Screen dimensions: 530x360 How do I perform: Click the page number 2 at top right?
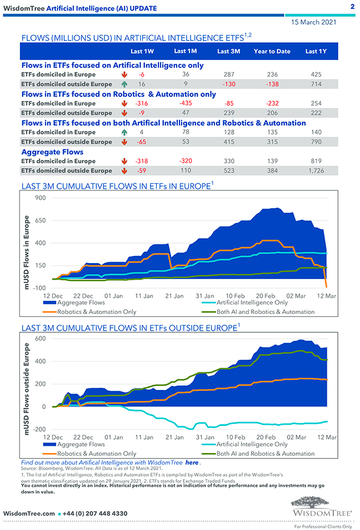tap(352, 7)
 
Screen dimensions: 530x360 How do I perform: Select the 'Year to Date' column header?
tap(272, 52)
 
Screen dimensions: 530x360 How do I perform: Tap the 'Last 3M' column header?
tap(228, 52)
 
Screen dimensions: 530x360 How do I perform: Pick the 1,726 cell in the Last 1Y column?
tap(316, 171)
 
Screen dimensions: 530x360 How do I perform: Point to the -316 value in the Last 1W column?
tap(142, 104)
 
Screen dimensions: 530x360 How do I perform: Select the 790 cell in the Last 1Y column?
tap(316, 142)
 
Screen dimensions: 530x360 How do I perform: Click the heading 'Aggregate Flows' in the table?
tap(53, 151)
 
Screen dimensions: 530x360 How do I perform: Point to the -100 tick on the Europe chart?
tap(39, 288)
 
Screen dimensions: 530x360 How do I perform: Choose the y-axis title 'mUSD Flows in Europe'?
tap(26, 244)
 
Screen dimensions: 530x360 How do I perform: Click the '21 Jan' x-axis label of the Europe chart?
tap(174, 296)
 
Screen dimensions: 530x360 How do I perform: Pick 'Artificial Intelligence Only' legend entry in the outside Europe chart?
tap(252, 444)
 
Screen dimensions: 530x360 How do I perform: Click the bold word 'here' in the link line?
tap(192, 462)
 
